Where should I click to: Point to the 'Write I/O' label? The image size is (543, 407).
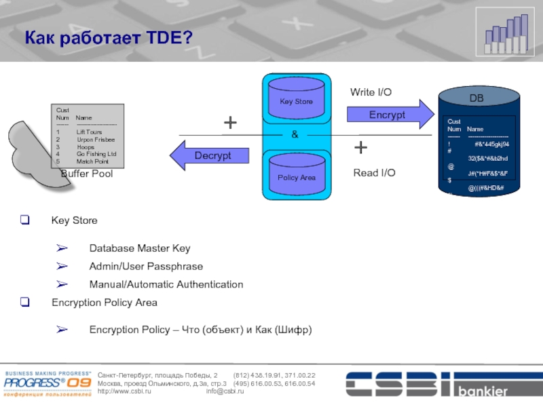pos(371,92)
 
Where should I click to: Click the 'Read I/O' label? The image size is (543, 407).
pos(374,174)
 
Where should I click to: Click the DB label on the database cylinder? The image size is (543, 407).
pos(477,99)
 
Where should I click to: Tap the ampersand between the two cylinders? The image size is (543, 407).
pos(295,135)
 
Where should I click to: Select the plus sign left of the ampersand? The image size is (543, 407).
pos(231,123)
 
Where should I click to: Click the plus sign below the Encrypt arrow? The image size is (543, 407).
pos(361,147)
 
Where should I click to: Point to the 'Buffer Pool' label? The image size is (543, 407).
pos(87,174)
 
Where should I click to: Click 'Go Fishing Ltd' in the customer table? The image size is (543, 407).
pos(96,154)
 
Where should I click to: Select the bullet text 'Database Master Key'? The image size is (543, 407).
pos(140,248)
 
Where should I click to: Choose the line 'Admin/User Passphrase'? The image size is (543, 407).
pos(146,267)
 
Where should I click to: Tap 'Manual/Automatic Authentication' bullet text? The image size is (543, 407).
pos(166,284)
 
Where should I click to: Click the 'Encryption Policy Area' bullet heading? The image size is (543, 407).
pos(105,303)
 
